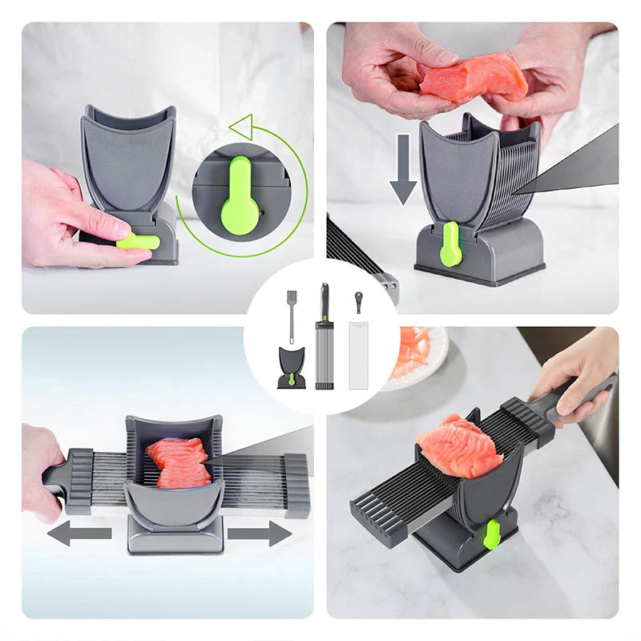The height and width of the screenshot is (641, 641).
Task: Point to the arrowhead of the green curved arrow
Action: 240,126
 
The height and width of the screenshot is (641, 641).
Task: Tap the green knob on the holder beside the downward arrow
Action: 451,244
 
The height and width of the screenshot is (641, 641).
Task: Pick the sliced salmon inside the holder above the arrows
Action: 179,463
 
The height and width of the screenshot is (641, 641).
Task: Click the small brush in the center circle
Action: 292,312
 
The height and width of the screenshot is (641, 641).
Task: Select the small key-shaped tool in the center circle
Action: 357,301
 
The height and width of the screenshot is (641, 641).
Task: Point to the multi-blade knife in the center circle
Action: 324,337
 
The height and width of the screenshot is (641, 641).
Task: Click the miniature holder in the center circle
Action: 292,369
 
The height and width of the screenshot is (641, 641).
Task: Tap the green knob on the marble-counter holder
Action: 491,534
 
